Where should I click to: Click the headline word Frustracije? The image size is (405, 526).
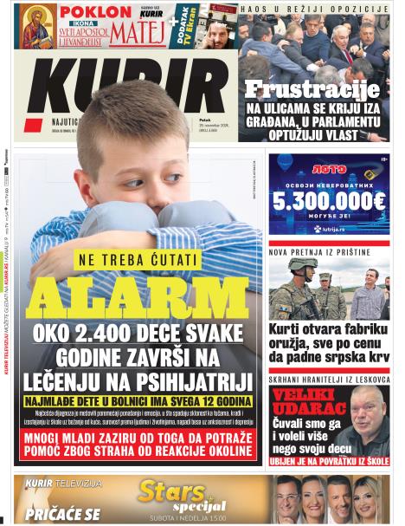(x=312, y=89)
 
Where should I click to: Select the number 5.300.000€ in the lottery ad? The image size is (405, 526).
(x=328, y=201)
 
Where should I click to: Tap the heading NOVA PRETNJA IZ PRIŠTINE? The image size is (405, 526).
(x=318, y=252)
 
